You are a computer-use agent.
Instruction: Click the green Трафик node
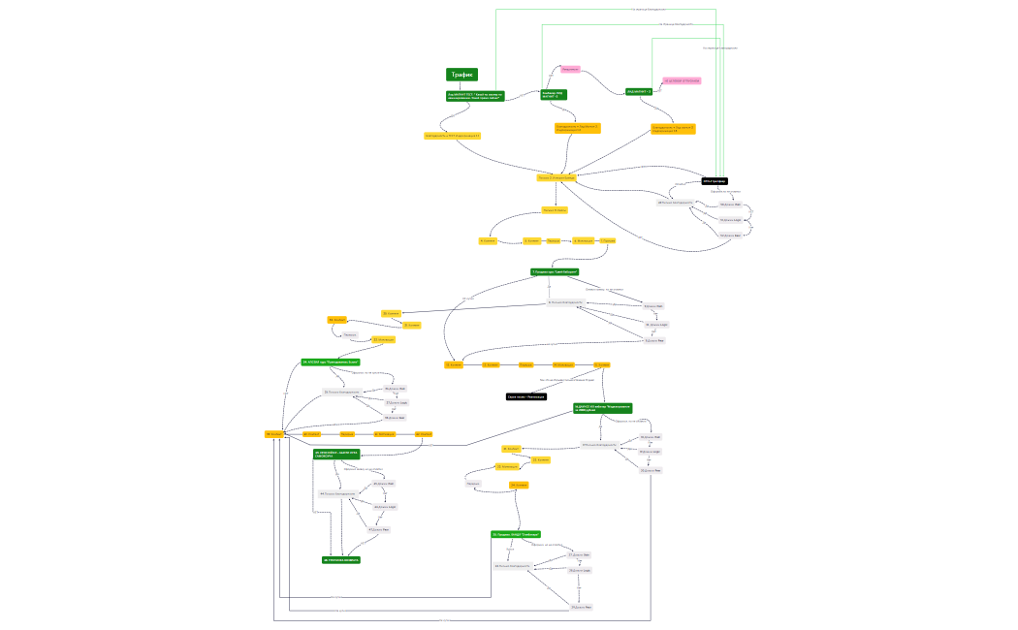coord(461,75)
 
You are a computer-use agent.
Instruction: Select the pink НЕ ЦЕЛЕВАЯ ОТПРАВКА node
coord(681,81)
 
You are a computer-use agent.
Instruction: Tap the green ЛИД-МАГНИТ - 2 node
coord(639,91)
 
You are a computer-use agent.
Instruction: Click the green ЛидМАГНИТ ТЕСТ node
coord(474,96)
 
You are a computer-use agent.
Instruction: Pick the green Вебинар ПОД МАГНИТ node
coord(554,94)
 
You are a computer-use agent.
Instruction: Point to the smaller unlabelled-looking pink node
coord(570,69)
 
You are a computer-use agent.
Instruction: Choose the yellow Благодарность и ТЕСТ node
coord(452,136)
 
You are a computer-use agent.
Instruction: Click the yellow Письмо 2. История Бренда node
coord(557,177)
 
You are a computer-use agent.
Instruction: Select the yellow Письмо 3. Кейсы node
coord(555,209)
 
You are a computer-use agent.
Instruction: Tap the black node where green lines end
coord(715,181)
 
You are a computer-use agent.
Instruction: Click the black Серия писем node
coord(525,396)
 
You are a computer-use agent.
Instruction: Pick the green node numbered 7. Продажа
coord(555,271)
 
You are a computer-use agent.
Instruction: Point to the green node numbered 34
coord(330,362)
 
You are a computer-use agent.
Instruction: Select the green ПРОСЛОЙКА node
coord(336,453)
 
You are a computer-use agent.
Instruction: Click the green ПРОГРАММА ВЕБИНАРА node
coord(340,560)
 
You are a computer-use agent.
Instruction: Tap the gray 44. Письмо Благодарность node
coord(337,494)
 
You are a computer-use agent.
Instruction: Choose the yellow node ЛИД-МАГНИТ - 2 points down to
coord(673,128)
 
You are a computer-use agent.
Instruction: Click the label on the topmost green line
coord(649,10)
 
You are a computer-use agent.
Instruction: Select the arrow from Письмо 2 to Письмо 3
coord(556,194)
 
